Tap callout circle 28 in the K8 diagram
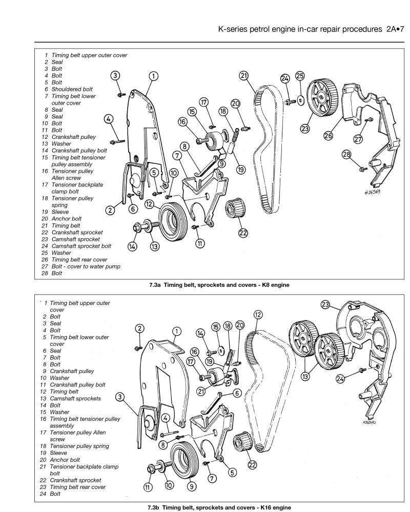pyautogui.click(x=347, y=155)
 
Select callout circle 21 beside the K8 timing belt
pyautogui.click(x=244, y=76)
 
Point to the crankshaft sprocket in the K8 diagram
pyautogui.click(x=234, y=210)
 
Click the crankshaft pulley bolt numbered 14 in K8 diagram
pyautogui.click(x=137, y=227)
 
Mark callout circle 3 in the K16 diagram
pyautogui.click(x=120, y=397)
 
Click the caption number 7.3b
pyautogui.click(x=154, y=506)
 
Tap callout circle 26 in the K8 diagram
pyautogui.click(x=328, y=135)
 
